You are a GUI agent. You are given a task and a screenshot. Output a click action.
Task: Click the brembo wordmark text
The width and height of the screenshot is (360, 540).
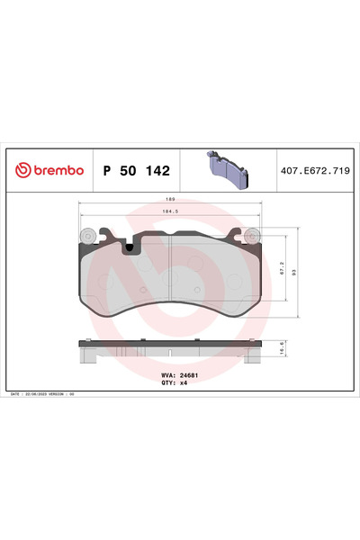[58, 168]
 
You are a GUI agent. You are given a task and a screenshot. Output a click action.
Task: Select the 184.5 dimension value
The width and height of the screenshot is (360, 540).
[168, 211]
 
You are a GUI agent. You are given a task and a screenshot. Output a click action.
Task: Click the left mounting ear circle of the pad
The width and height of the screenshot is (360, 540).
[87, 236]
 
